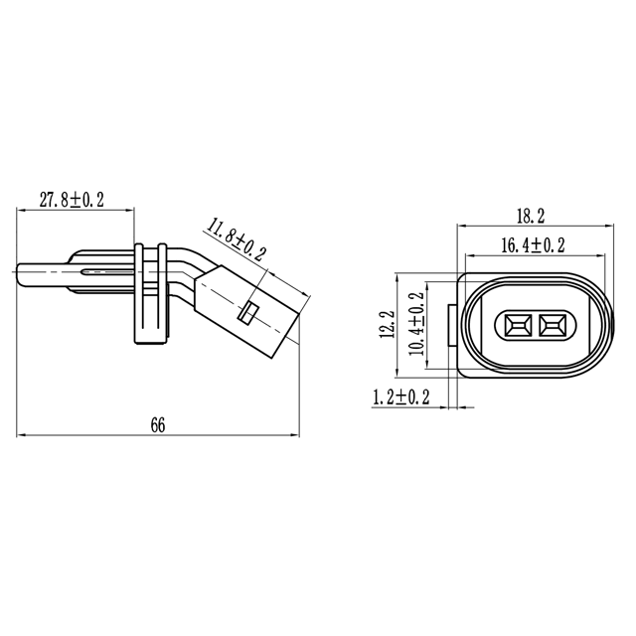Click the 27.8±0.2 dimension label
[x=72, y=199]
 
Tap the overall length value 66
[x=157, y=424]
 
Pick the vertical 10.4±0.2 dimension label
[x=416, y=324]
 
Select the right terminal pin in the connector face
[x=553, y=324]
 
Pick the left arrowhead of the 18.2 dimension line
[x=460, y=227]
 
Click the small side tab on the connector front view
[x=454, y=324]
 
